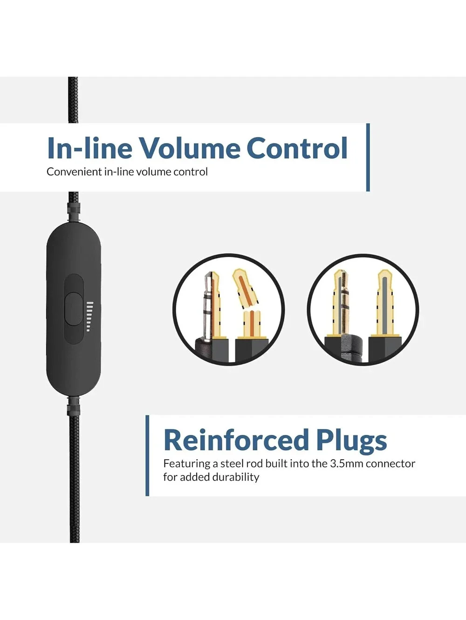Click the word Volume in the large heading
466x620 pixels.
click(190, 148)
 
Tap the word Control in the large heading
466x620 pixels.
click(297, 148)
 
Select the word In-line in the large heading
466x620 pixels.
click(90, 148)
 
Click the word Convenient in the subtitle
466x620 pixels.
click(74, 172)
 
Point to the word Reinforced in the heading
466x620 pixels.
click(236, 440)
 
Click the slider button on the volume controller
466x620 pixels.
click(74, 309)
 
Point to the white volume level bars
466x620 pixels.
click(90, 317)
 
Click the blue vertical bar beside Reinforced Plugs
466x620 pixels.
click(147, 455)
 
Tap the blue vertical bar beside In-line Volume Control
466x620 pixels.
click(368, 157)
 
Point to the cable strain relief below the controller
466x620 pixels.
click(73, 407)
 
